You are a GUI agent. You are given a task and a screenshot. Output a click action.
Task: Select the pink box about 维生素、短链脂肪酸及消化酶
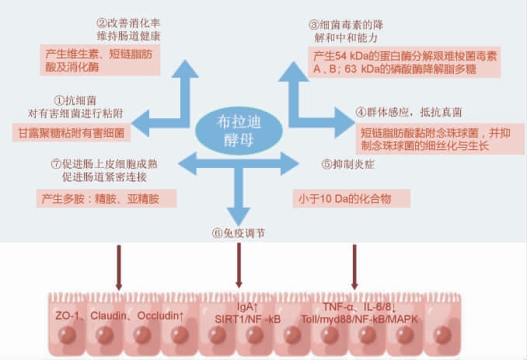tap(100, 61)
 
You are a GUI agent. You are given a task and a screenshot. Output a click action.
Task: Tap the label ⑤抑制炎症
tap(347, 165)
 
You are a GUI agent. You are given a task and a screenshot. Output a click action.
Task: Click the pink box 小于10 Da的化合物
tap(342, 198)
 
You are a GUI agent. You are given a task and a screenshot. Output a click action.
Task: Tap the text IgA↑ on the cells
tap(247, 306)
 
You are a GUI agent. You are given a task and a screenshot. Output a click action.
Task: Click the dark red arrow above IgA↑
tap(238, 264)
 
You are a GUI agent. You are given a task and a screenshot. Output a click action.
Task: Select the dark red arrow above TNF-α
tap(355, 264)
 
